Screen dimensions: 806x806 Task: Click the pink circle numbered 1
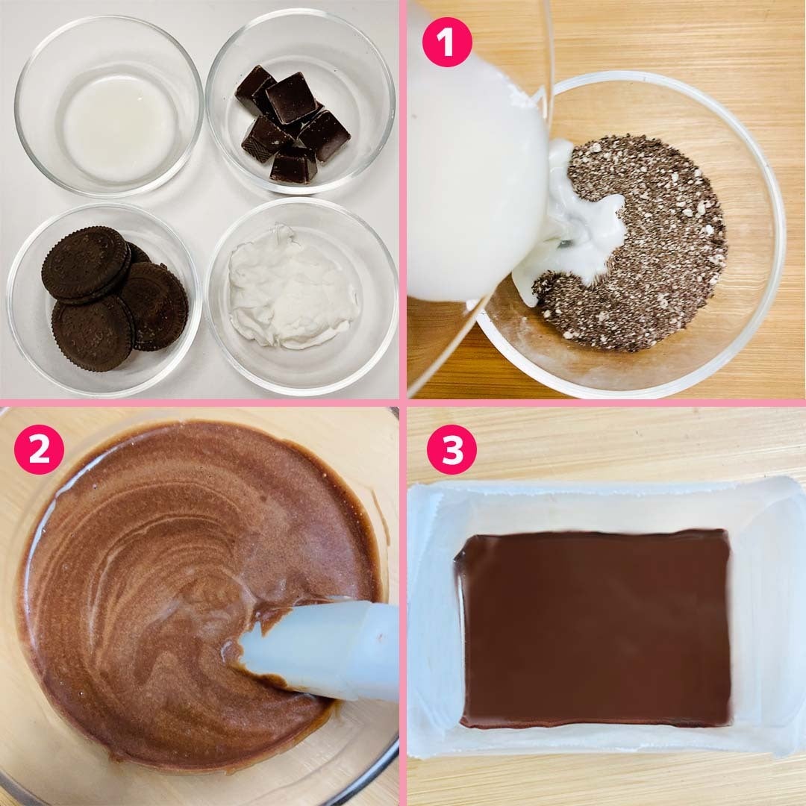447,42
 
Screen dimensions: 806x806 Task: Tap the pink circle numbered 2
39,449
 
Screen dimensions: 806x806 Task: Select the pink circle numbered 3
452,449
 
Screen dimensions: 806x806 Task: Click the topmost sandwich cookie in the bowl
86,262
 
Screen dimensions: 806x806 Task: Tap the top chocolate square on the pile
290,98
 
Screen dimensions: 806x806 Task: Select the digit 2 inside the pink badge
39,449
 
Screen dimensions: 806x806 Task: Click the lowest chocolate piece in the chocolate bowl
293,166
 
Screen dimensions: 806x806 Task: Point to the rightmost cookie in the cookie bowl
157,307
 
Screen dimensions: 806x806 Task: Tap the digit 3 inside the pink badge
452,449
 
